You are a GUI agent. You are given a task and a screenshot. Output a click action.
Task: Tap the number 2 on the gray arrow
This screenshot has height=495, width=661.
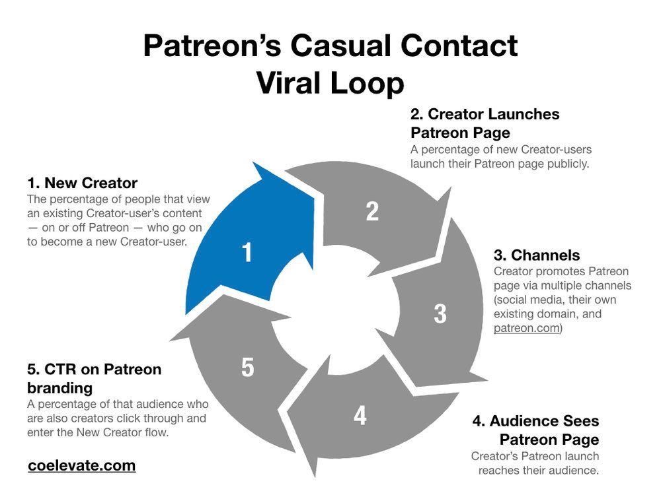pos(372,211)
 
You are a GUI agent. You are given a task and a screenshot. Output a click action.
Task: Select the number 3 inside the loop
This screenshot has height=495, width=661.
pos(440,314)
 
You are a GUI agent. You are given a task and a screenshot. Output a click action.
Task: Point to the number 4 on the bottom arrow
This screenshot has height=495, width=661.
pos(360,416)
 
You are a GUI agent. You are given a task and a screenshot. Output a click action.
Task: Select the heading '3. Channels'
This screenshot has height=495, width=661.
pos(537,255)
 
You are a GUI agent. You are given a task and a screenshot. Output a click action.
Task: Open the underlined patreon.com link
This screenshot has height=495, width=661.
pos(527,328)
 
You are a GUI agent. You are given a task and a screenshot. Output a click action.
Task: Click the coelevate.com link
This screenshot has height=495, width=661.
pos(82,465)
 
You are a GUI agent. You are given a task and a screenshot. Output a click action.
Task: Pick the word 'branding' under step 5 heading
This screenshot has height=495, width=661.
pos(59,387)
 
